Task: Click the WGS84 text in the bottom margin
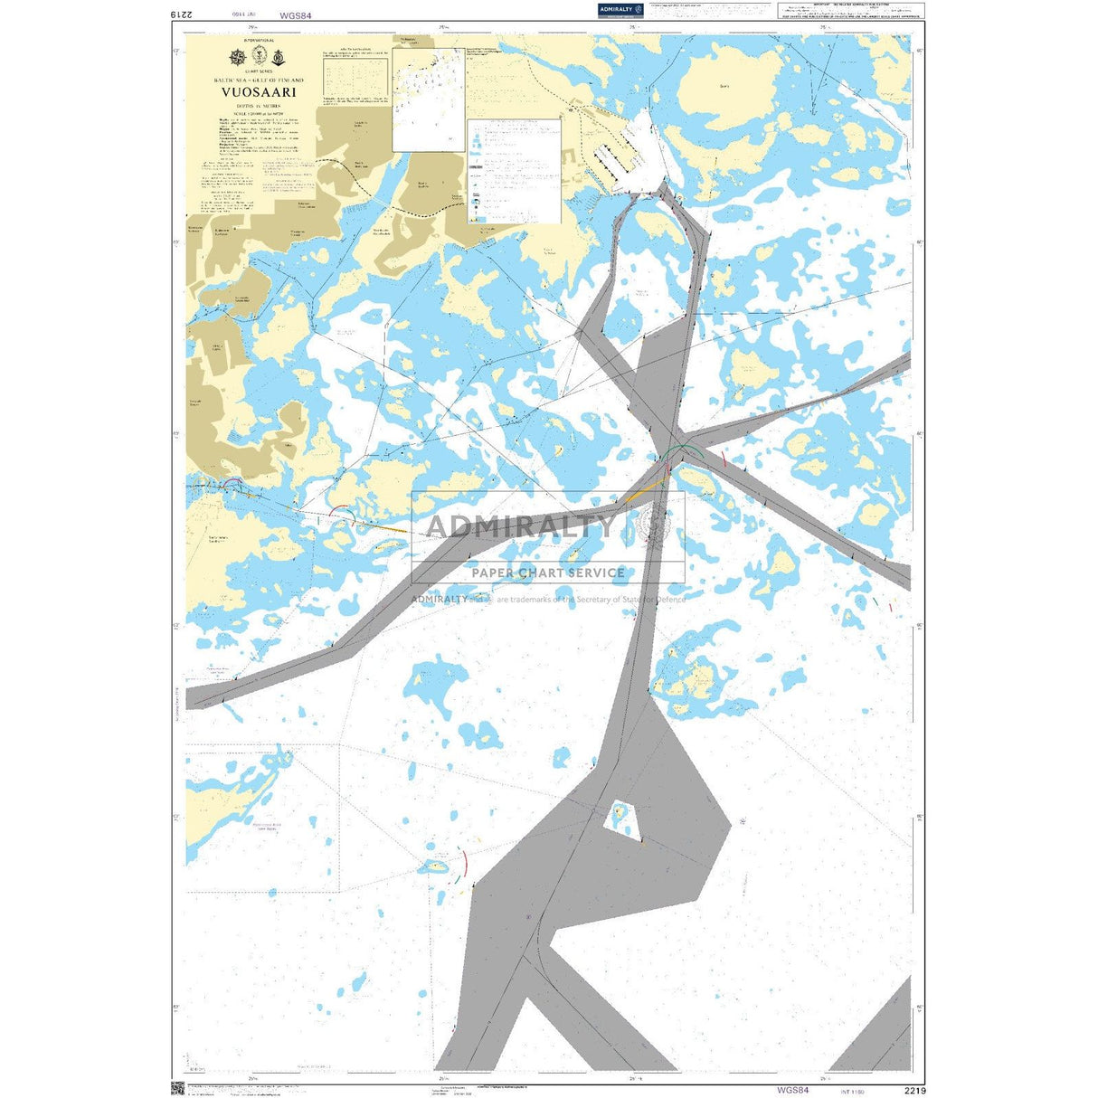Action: pos(792,1090)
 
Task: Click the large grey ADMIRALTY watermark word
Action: pos(519,525)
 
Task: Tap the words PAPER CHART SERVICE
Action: pos(547,573)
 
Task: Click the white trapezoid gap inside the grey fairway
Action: pos(620,818)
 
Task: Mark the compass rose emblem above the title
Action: pos(238,58)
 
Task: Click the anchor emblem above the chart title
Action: pos(279,58)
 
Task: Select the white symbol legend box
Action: pos(513,171)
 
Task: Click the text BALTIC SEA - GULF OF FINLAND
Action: pos(259,80)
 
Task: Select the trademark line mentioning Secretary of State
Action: pos(548,599)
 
